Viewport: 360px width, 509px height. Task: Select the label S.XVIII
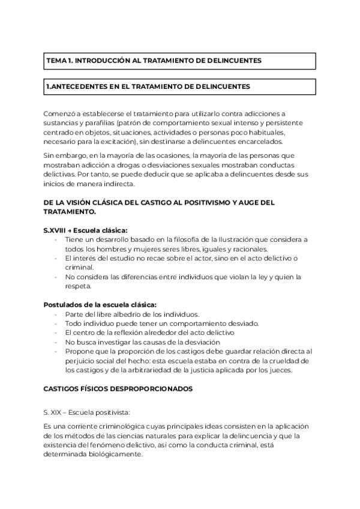(x=55, y=230)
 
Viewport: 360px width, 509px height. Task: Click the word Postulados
(x=62, y=305)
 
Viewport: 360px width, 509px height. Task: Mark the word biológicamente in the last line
(x=114, y=454)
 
